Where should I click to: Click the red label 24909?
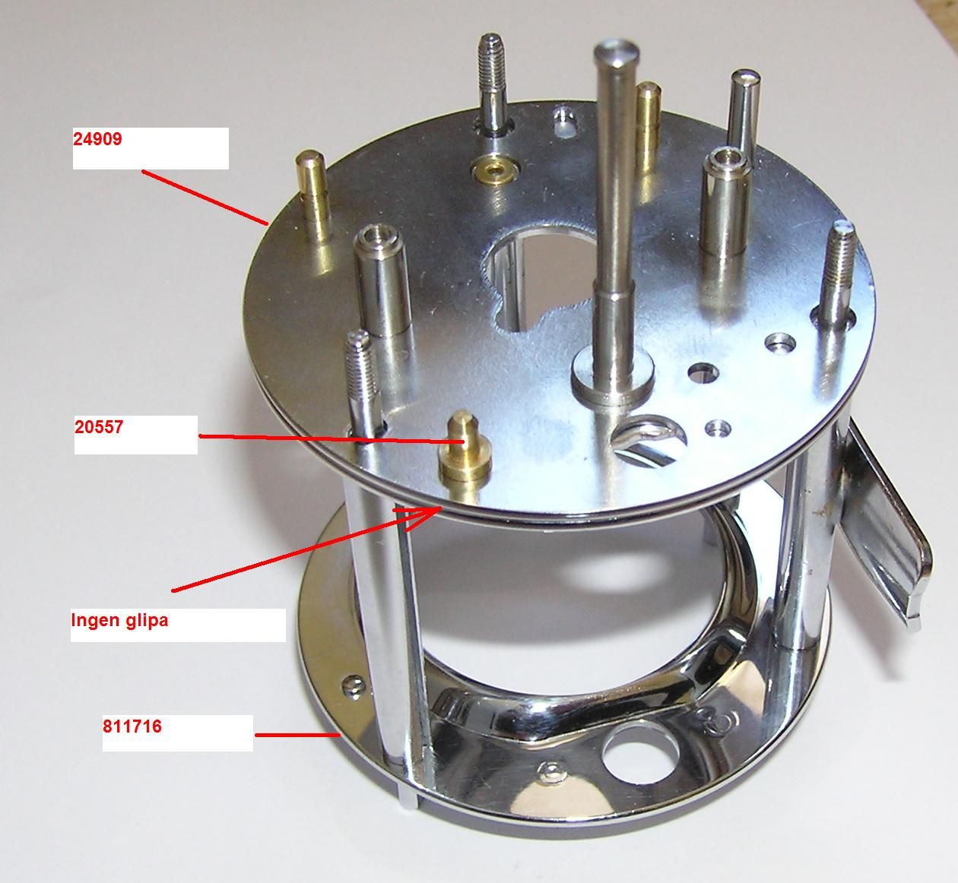(x=97, y=139)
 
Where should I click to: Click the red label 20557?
(x=99, y=427)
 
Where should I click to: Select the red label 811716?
(x=132, y=726)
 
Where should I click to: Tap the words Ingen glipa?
(x=119, y=620)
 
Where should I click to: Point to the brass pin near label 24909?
(x=312, y=197)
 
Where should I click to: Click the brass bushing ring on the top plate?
(x=496, y=171)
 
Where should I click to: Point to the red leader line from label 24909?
(x=205, y=198)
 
